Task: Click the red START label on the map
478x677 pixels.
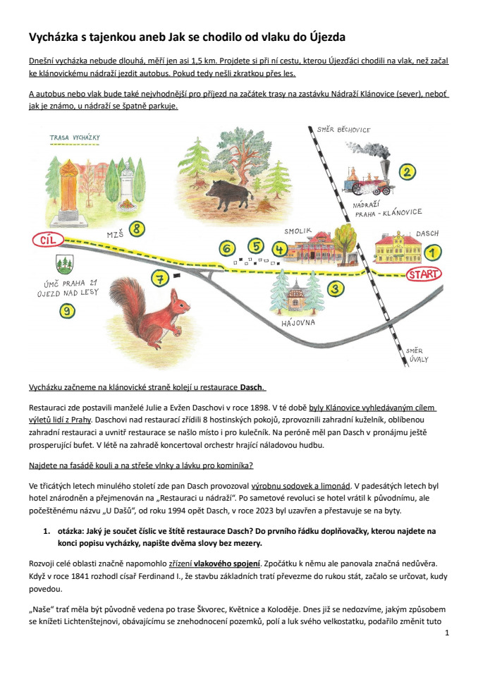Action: pyautogui.click(x=424, y=274)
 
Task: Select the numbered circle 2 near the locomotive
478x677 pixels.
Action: pyautogui.click(x=407, y=171)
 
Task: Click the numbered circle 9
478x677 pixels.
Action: pyautogui.click(x=68, y=310)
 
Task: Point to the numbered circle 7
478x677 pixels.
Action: pyautogui.click(x=161, y=279)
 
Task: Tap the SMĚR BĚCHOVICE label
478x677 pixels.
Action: pyautogui.click(x=345, y=130)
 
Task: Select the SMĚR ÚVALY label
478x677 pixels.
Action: pyautogui.click(x=417, y=355)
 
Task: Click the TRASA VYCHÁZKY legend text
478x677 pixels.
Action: pyautogui.click(x=75, y=136)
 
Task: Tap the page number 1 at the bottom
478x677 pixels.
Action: pyautogui.click(x=447, y=633)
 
